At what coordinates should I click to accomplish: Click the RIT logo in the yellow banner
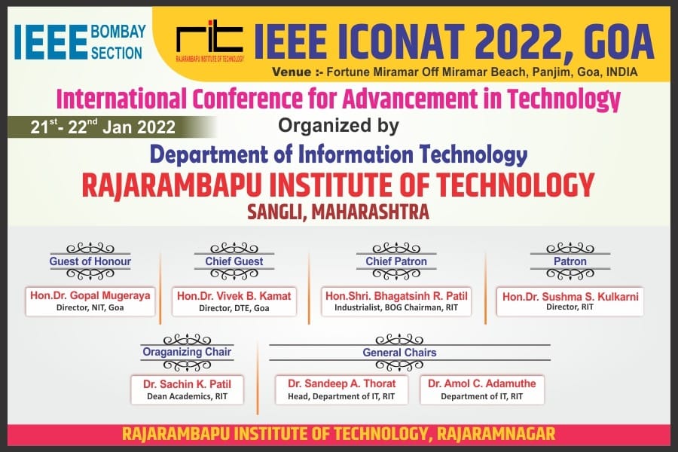pos(209,41)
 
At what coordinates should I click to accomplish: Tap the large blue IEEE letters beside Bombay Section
pos(50,42)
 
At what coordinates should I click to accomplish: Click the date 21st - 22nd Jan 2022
pos(103,127)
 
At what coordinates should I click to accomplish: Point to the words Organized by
pos(338,126)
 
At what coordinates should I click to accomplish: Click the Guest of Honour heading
pos(90,261)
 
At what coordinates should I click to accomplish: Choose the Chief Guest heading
pos(234,261)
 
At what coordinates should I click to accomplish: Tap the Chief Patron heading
pos(396,261)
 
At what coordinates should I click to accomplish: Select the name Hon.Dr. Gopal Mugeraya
pos(90,295)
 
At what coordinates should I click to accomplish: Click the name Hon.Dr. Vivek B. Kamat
pos(234,296)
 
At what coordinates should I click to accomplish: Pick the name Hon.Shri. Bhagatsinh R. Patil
pos(396,296)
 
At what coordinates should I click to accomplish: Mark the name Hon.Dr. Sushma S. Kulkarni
pos(570,296)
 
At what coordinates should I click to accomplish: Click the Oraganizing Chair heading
pos(187,352)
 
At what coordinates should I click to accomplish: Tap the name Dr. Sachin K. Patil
pos(187,384)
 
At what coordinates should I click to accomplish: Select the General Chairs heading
pos(399,353)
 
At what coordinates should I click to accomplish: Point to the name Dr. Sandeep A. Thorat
pos(341,383)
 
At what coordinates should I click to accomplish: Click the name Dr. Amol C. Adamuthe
pos(481,383)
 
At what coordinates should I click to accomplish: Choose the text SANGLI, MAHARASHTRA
pos(338,212)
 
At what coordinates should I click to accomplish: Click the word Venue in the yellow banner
pos(292,72)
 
